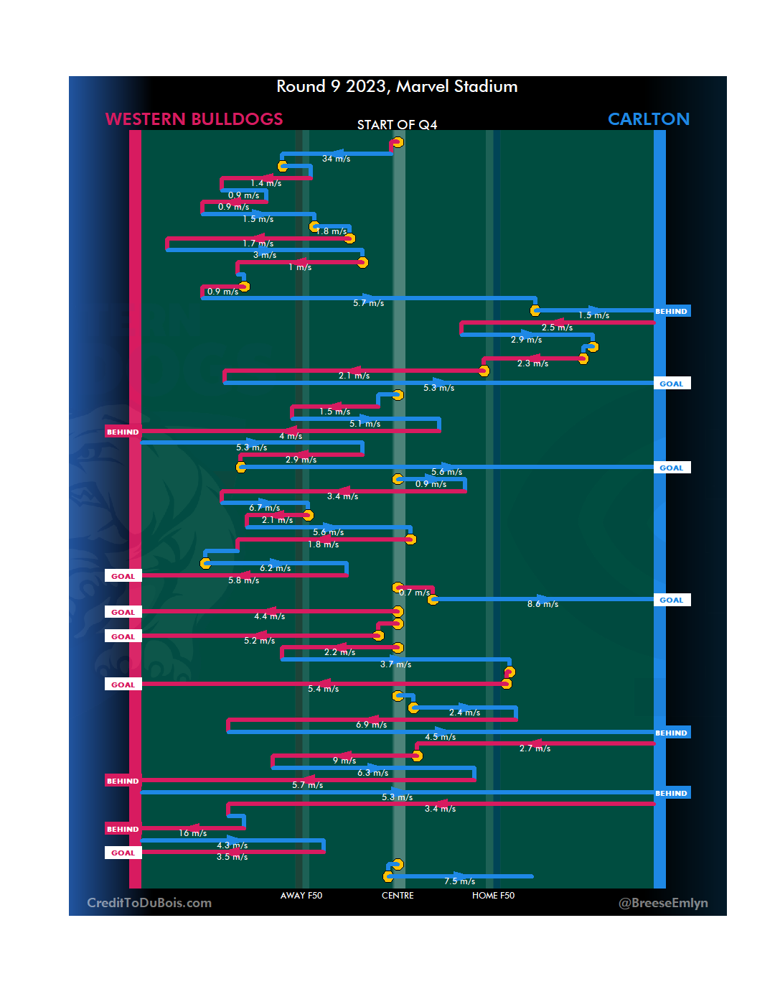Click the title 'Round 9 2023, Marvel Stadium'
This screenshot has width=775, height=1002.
pyautogui.click(x=397, y=87)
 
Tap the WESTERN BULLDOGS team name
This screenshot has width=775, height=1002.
pyautogui.click(x=194, y=119)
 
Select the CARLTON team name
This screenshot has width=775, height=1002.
pyautogui.click(x=648, y=119)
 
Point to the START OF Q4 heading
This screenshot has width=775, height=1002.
pyautogui.click(x=397, y=125)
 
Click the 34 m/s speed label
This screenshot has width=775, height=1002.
pyautogui.click(x=336, y=159)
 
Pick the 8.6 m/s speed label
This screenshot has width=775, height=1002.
pyautogui.click(x=542, y=605)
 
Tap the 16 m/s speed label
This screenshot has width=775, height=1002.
pyautogui.click(x=192, y=833)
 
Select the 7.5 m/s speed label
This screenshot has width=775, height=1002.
pyautogui.click(x=459, y=881)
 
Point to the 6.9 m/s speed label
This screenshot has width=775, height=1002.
pyautogui.click(x=371, y=725)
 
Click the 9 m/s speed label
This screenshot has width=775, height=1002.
pyautogui.click(x=344, y=761)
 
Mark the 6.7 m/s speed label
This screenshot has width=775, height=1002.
pyautogui.click(x=264, y=508)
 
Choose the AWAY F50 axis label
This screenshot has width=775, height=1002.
pyautogui.click(x=301, y=896)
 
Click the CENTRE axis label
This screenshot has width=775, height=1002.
pyautogui.click(x=398, y=896)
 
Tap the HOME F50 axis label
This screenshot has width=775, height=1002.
pyautogui.click(x=493, y=896)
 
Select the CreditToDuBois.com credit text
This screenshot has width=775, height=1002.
pyautogui.click(x=149, y=903)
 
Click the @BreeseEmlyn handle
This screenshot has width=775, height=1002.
pyautogui.click(x=663, y=903)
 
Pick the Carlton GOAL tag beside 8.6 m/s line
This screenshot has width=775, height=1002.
pyautogui.click(x=672, y=600)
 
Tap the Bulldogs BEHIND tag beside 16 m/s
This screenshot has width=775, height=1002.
pyautogui.click(x=123, y=829)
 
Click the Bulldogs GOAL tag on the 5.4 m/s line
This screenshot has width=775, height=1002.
pyautogui.click(x=123, y=685)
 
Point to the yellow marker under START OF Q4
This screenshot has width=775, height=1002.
pyautogui.click(x=398, y=142)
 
